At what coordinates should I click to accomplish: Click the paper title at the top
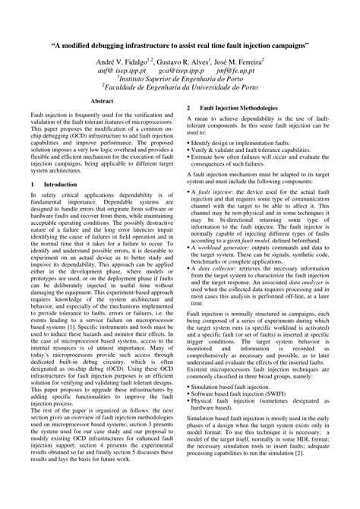point(180,46)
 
